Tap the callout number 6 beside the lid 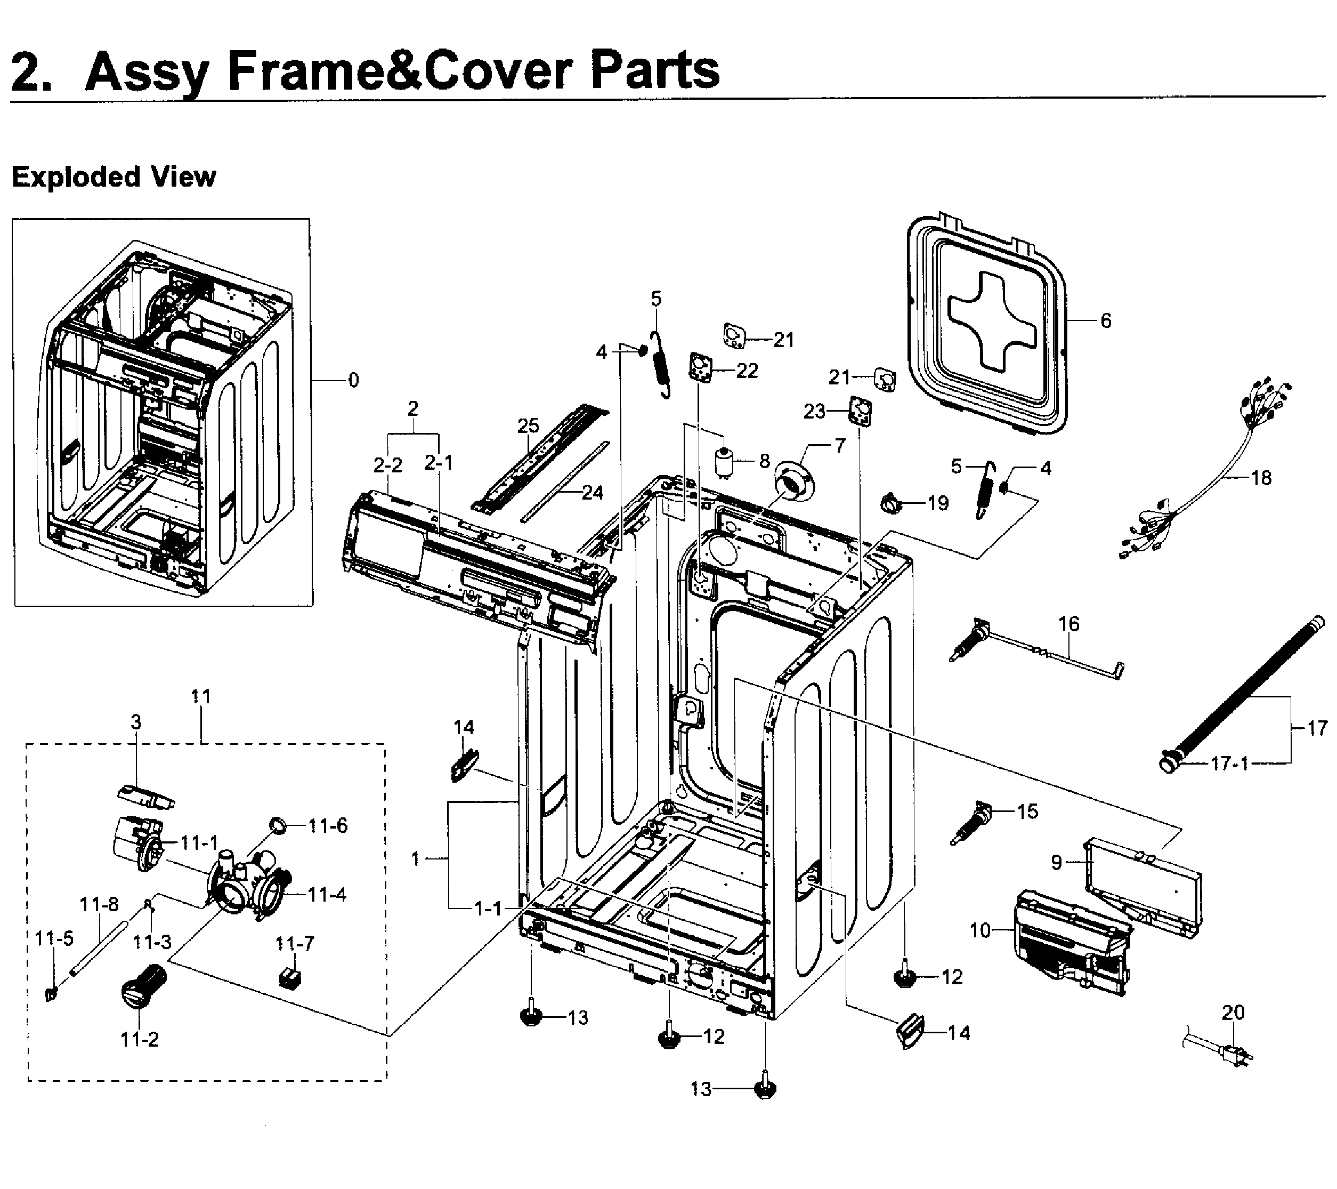(1105, 320)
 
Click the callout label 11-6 (328, 826)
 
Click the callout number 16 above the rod (1069, 624)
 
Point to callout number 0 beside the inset (353, 380)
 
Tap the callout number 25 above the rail (528, 425)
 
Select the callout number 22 (747, 371)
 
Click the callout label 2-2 (388, 465)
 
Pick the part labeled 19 (891, 503)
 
